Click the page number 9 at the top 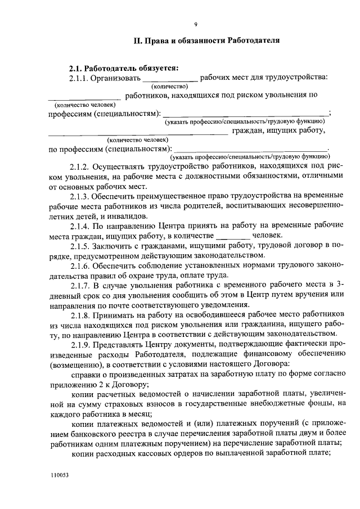tap(195, 24)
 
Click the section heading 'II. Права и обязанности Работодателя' tap(195, 41)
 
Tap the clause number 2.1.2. tap(80, 167)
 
